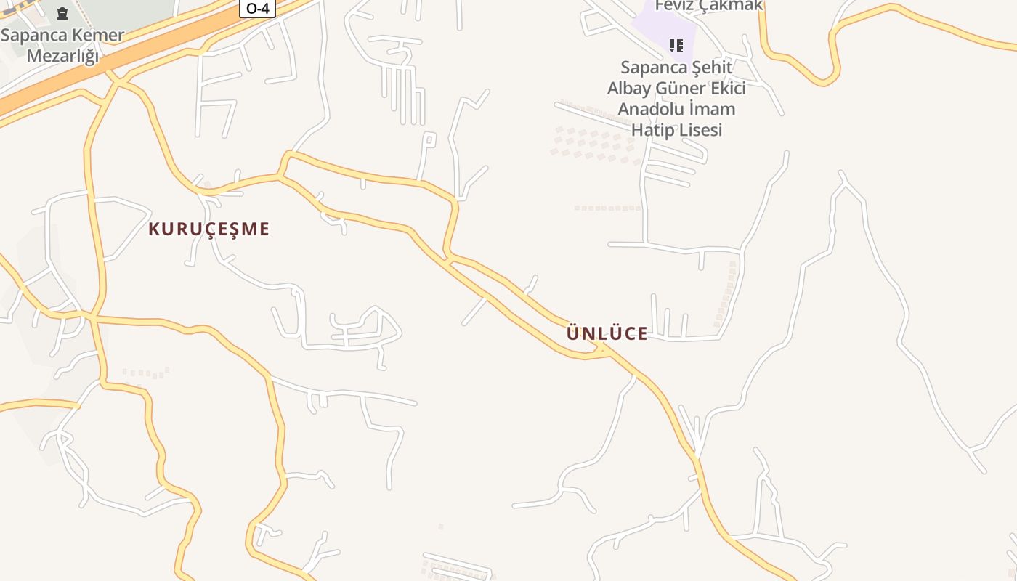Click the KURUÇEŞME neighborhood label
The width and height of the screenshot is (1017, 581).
208,229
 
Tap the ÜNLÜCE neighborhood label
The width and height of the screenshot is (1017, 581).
607,334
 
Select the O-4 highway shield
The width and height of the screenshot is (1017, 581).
258,8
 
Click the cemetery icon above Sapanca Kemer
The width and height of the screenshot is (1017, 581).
62,14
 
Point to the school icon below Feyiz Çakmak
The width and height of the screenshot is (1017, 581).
676,46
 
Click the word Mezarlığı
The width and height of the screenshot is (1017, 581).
62,56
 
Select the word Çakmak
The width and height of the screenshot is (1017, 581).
729,6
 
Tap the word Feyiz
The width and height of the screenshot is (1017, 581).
673,6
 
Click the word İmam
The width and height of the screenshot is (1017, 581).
715,110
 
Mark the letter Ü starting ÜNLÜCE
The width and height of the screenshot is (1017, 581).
572,333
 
